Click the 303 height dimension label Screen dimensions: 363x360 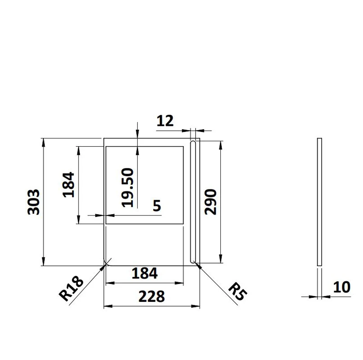34,202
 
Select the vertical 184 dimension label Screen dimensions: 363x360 69,184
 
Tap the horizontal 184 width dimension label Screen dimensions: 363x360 145,273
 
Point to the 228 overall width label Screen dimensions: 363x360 152,296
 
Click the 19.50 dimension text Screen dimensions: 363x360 128,187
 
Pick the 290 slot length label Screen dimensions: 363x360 211,202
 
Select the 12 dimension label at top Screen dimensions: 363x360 165,121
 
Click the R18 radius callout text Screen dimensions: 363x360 71,288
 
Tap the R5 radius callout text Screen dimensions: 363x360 238,291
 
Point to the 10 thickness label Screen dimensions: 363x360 342,287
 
